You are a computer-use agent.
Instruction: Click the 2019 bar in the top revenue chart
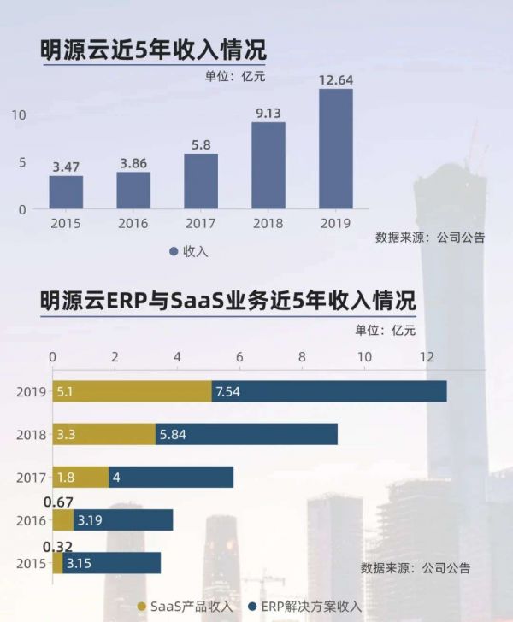[336, 149]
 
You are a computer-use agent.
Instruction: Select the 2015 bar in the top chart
[66, 192]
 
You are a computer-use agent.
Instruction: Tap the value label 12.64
[336, 80]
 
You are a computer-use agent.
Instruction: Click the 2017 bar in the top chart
[201, 181]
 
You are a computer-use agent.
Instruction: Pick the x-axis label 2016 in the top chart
[133, 224]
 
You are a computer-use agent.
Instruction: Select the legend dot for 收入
[174, 251]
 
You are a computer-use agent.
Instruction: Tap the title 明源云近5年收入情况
[153, 50]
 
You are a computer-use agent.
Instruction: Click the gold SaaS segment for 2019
[133, 391]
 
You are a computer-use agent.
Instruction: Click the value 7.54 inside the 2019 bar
[230, 391]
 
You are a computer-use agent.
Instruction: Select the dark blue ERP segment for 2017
[171, 477]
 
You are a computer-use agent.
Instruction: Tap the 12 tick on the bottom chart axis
[426, 355]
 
